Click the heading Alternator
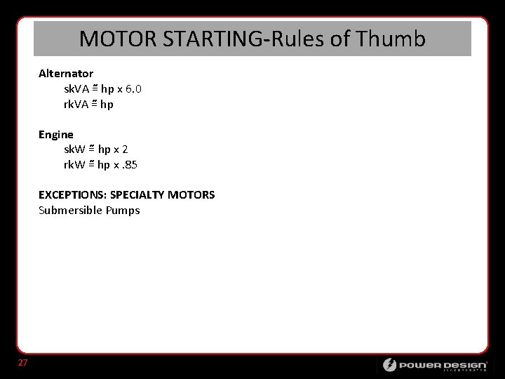point(66,74)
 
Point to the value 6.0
point(133,89)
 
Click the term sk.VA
point(76,89)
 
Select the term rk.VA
point(76,105)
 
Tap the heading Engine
point(56,134)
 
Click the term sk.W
point(74,149)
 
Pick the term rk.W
point(74,165)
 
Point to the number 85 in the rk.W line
point(130,165)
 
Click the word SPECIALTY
point(137,194)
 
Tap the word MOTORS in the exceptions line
point(191,194)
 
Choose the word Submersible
point(70,210)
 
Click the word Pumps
point(123,210)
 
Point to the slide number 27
point(23,363)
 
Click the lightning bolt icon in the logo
point(389,365)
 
